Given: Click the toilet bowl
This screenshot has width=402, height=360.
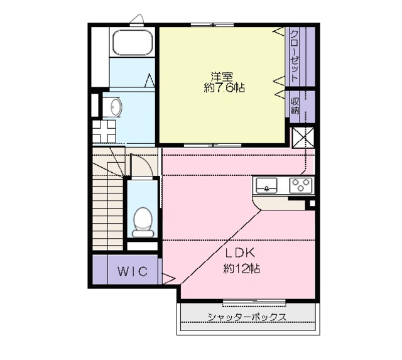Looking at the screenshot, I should tap(144, 222).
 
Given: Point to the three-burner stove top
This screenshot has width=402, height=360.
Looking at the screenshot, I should tap(300, 185).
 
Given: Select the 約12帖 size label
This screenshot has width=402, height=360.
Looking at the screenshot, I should tap(242, 269).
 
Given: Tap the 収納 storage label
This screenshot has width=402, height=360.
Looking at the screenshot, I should tap(295, 106).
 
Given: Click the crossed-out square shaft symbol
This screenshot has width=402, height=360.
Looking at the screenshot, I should tap(301, 139).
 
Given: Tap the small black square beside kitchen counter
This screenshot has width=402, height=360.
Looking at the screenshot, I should tap(309, 203).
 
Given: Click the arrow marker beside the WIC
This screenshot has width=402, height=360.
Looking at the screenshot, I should tap(169, 276).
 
